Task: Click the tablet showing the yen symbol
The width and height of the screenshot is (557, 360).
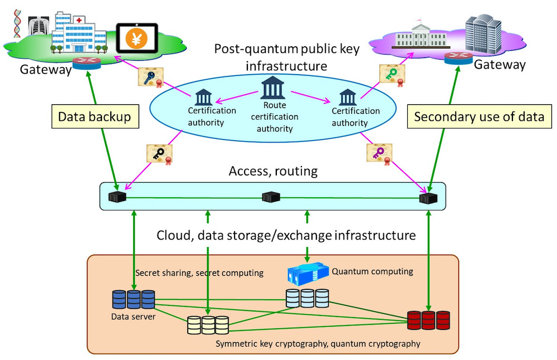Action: tap(136, 38)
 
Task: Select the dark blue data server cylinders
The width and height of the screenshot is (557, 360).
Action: tap(133, 299)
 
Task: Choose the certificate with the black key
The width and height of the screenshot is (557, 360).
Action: tap(160, 154)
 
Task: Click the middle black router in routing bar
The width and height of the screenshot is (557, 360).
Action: tap(271, 197)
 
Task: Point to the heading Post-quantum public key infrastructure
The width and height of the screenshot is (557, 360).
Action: tap(287, 56)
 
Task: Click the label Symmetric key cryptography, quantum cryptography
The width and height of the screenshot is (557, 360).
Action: tap(317, 343)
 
